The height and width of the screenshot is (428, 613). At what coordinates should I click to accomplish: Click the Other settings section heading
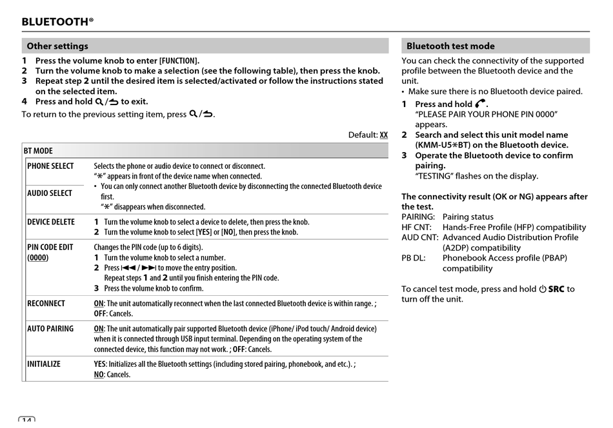(57, 46)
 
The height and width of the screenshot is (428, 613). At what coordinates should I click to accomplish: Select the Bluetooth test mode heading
(450, 46)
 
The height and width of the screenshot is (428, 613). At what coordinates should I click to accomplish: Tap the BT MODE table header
(39, 151)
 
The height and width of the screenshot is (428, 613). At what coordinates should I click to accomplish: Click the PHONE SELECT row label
(50, 166)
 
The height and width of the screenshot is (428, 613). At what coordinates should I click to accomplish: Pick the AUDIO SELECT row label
(50, 193)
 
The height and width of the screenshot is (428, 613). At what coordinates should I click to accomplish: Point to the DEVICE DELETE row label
(51, 222)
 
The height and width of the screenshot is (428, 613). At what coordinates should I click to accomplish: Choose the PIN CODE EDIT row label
(50, 248)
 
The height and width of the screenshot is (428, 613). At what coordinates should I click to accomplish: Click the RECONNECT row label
(46, 304)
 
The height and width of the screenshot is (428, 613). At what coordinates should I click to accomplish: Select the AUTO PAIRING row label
(50, 329)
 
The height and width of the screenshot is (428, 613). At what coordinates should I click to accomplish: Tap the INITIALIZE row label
(44, 364)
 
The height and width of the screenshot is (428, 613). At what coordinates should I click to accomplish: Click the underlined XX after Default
(384, 135)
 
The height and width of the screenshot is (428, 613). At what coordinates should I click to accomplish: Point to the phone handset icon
(481, 104)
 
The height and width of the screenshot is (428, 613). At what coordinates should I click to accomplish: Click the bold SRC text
(556, 289)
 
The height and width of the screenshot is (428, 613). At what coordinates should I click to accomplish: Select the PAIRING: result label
(418, 217)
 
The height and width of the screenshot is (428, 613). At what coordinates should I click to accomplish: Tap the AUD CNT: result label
(420, 238)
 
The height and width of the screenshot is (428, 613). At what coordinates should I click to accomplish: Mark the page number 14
(26, 422)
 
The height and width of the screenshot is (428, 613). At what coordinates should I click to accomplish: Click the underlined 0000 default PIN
(38, 258)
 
